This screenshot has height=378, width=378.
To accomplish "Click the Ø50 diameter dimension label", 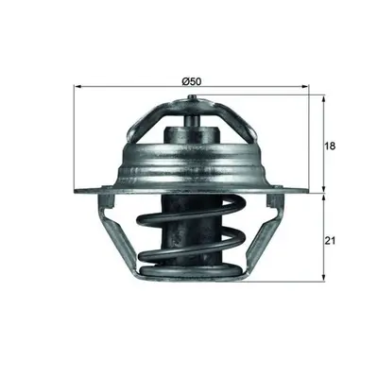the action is tap(192, 81).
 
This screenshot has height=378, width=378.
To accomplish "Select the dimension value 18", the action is tap(331, 146).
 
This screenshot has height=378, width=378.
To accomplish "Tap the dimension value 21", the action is tap(331, 241).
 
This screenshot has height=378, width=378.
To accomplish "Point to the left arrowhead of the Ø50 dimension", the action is tap(77, 86).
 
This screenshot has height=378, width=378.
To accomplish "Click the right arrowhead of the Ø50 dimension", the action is tap(305, 86).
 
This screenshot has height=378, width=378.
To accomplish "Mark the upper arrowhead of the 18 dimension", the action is tap(323, 99).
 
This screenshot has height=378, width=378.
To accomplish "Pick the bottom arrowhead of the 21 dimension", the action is tap(323, 277).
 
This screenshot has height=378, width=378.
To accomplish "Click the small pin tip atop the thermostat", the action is tap(192, 97).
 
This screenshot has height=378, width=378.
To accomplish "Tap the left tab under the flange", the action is tap(107, 200).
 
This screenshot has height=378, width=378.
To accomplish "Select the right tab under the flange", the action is tap(274, 200).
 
